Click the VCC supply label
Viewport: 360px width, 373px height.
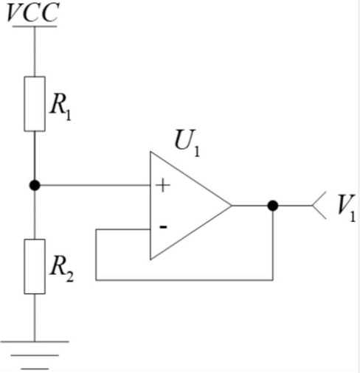pos(33,13)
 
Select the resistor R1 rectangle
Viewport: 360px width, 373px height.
pos(35,104)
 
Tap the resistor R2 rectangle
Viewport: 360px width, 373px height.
pos(35,266)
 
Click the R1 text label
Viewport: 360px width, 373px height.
pos(60,108)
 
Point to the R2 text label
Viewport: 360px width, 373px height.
pos(62,268)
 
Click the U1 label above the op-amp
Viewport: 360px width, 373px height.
pos(187,143)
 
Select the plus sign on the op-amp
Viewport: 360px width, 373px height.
pos(163,185)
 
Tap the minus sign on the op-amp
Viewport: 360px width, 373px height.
pos(164,227)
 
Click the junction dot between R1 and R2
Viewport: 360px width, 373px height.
pos(35,185)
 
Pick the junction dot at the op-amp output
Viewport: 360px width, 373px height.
pos(273,206)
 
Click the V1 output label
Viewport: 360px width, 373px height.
pos(347,208)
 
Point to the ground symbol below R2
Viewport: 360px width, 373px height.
pos(35,355)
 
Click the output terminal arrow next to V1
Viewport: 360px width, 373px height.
pos(319,206)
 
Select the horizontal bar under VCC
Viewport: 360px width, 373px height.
pos(35,27)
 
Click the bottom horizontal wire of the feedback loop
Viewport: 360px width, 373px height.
pos(184,280)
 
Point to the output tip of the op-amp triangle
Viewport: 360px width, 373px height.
pos(232,206)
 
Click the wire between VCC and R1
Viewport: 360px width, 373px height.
pos(35,52)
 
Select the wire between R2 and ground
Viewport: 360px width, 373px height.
pos(35,318)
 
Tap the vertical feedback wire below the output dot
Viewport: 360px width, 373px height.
pos(273,245)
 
